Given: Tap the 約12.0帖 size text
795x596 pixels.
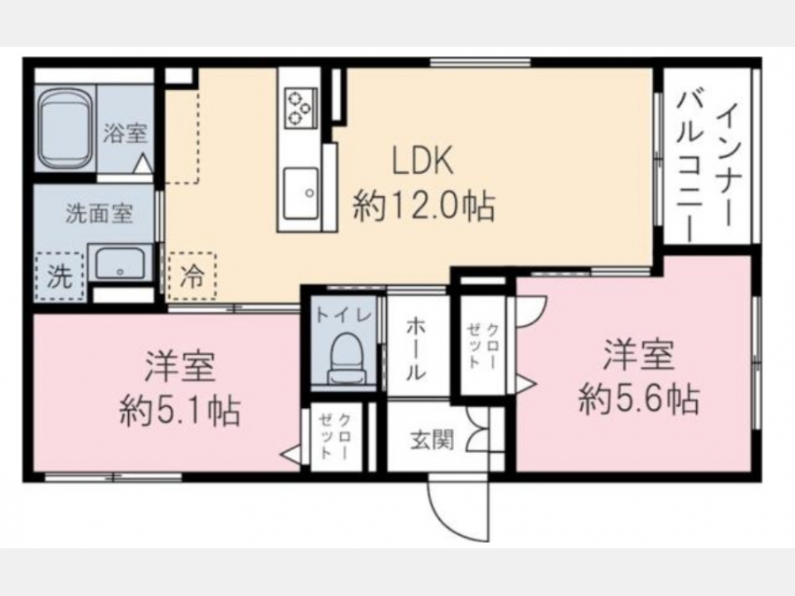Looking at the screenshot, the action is (424, 205).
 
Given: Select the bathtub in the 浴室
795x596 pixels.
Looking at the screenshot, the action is (64, 129).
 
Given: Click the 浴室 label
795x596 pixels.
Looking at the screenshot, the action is (125, 132).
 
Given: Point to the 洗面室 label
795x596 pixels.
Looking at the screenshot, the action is (99, 214).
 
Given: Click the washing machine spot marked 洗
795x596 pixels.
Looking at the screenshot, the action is (59, 276).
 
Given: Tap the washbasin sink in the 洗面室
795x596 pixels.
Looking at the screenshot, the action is (120, 263).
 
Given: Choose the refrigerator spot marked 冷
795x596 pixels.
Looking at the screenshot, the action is (193, 277).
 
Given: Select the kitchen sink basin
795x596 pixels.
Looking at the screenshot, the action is (300, 193).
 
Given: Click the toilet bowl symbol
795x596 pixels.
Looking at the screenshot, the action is (347, 358).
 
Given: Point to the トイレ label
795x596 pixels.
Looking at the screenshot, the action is (344, 316).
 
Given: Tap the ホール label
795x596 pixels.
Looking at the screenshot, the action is (416, 349).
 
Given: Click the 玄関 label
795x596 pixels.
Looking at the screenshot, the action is (431, 440).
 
